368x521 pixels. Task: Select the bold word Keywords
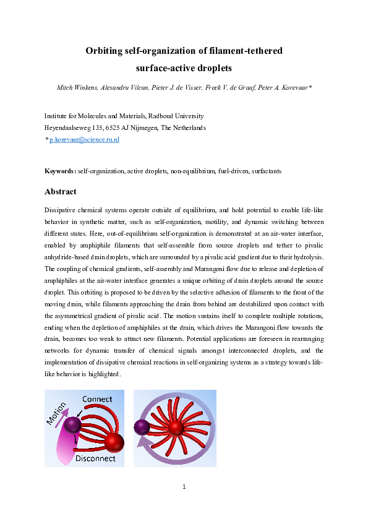(60, 170)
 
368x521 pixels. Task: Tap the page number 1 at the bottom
(184, 487)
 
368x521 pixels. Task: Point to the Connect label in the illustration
(97, 399)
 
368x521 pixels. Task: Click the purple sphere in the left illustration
(73, 424)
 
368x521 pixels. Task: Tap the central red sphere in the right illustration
(176, 428)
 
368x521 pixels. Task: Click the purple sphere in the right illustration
(142, 427)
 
